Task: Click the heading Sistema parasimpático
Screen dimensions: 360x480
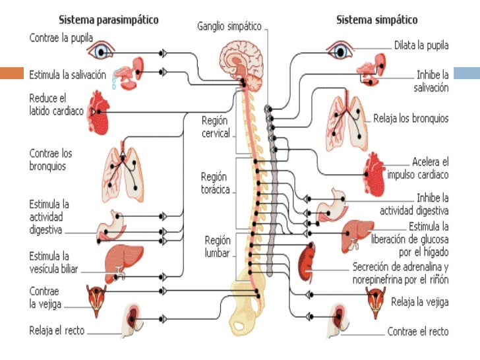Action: click(x=109, y=20)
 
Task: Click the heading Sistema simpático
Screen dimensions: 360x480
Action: click(x=376, y=20)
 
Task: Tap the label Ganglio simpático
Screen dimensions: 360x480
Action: click(x=229, y=26)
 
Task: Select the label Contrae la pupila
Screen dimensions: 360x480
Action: click(x=61, y=38)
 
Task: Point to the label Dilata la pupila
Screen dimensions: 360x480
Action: click(x=421, y=45)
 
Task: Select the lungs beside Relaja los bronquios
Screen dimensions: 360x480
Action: click(x=346, y=123)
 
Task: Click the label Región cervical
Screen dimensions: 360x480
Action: click(x=216, y=127)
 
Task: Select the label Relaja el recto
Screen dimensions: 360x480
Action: click(x=57, y=330)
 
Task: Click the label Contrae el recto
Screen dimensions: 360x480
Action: click(x=417, y=331)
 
